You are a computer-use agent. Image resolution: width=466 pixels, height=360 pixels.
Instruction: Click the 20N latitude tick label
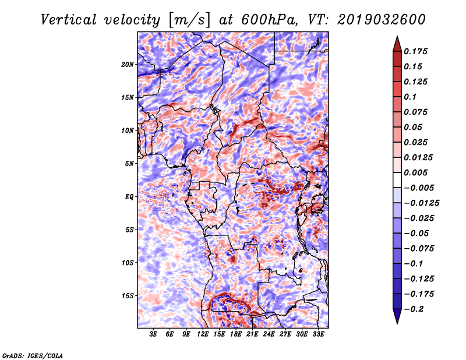[128, 64]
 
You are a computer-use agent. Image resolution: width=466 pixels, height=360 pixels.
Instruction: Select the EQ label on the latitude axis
[129, 197]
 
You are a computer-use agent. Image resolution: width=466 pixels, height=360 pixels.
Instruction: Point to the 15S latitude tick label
[128, 296]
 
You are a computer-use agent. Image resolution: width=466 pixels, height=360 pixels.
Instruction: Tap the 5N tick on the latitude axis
[129, 164]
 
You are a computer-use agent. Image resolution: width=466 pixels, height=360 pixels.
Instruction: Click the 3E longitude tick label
[153, 334]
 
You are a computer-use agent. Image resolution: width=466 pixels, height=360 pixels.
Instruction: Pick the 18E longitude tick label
[235, 334]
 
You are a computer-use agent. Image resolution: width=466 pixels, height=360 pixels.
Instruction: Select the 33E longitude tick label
[318, 334]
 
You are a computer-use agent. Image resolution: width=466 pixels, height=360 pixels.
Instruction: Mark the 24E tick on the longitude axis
[269, 334]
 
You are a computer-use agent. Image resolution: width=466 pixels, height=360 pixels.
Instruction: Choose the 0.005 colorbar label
[416, 172]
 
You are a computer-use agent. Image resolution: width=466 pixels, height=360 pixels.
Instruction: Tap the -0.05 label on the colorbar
[416, 233]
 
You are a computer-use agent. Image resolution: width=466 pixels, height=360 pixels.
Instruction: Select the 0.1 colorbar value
[410, 97]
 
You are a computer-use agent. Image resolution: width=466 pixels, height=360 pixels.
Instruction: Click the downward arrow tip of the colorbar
[397, 322]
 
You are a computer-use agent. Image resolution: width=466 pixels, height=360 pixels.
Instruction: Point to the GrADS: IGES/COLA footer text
[33, 355]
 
